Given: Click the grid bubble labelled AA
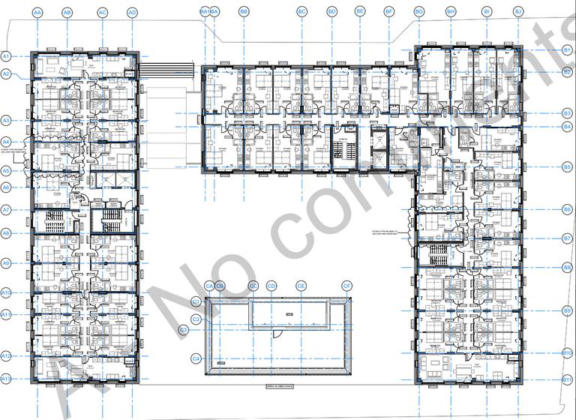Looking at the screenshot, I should pos(37,13).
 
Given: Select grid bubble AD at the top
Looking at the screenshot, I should pos(132,13).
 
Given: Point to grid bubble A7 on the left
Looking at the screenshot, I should pos(6,210).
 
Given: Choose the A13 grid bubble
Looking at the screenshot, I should pos(6,380).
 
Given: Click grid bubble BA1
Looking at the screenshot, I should pos(204,12).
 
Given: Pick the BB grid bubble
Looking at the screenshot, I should pos(244,12).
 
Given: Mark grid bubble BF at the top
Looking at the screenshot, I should pos(388,12).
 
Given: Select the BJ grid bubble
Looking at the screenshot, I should pos(517,12).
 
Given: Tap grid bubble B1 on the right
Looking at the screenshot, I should pos(568,49).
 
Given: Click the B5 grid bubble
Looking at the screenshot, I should pos(568,166).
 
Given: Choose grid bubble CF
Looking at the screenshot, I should pos(347,286).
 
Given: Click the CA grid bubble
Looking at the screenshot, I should pos(209,286).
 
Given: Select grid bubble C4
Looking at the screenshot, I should pos(196,359).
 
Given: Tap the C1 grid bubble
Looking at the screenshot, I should pos(196,301).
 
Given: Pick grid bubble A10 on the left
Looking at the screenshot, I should pos(6,292).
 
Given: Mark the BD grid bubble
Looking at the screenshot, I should pos(331,12).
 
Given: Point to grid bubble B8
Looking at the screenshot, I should pos(568,267).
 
